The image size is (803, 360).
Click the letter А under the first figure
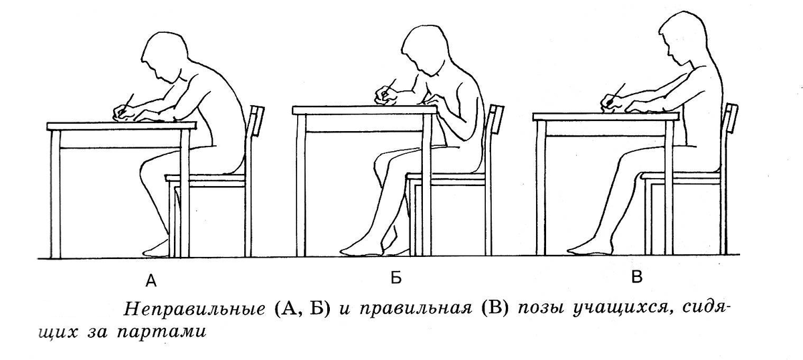(151, 281)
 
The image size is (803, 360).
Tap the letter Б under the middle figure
(395, 278)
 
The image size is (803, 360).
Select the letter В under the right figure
(636, 277)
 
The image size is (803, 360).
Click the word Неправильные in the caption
(194, 309)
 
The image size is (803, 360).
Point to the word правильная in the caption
(416, 309)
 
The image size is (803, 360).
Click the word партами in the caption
(161, 332)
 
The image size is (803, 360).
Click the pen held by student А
(127, 104)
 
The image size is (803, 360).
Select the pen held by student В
(616, 93)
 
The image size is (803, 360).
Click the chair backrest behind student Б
(496, 119)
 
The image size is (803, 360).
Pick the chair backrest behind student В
(731, 118)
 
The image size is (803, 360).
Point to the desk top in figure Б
(365, 110)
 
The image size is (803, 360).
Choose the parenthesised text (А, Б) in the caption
(302, 309)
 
